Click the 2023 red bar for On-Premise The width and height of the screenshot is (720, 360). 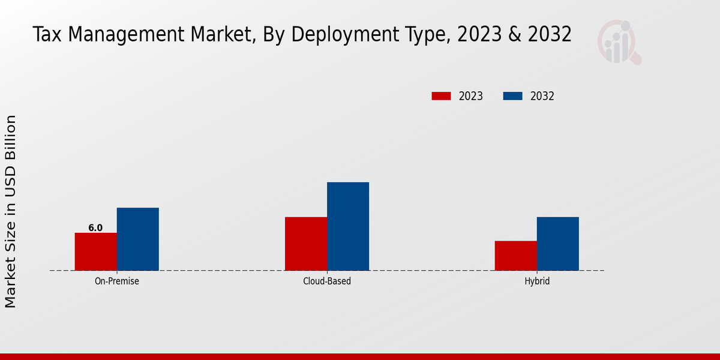tap(95, 251)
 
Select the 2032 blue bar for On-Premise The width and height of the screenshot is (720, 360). tap(137, 239)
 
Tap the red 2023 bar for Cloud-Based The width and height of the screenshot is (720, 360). tap(306, 244)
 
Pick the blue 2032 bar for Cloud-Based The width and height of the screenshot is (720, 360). tap(348, 226)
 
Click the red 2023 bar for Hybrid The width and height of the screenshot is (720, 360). tap(515, 256)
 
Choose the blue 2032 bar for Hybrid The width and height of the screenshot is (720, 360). tap(557, 244)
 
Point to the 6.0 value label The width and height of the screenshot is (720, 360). tap(95, 228)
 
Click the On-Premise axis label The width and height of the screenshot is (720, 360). tap(116, 281)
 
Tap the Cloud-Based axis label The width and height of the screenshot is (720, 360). tap(327, 281)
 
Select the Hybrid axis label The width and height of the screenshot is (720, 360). tap(536, 281)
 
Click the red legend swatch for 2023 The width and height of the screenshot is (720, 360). tap(441, 96)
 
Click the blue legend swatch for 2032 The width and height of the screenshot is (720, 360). tap(512, 96)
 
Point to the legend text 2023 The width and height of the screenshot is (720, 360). tap(470, 96)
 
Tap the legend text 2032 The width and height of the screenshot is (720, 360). tap(542, 96)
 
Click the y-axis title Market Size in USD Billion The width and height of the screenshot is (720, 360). tap(11, 211)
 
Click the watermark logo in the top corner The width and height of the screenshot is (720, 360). tap(619, 42)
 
